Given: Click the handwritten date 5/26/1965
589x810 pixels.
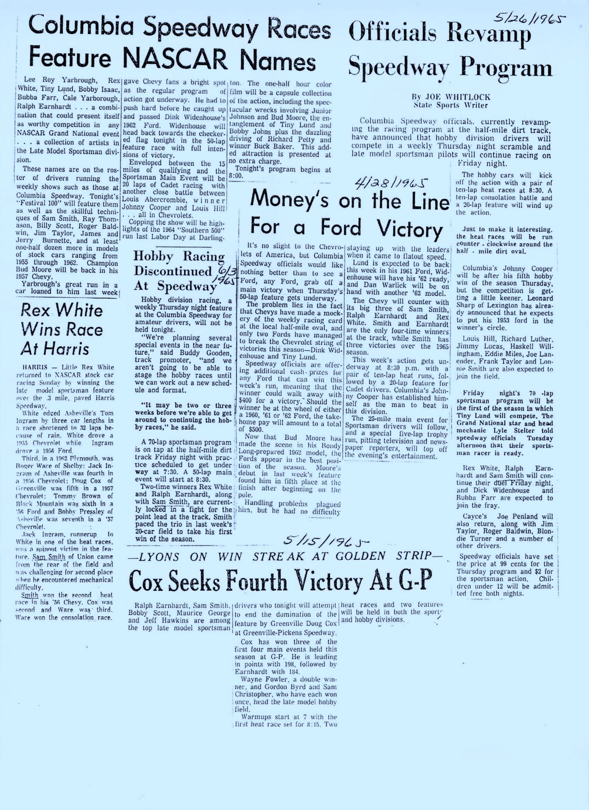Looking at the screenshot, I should coord(529,18).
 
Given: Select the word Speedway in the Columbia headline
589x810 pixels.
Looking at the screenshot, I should coord(201,29).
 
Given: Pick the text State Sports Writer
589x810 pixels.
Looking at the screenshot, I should coord(451,105).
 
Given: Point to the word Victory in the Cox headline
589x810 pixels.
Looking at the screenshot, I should coord(329,580).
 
